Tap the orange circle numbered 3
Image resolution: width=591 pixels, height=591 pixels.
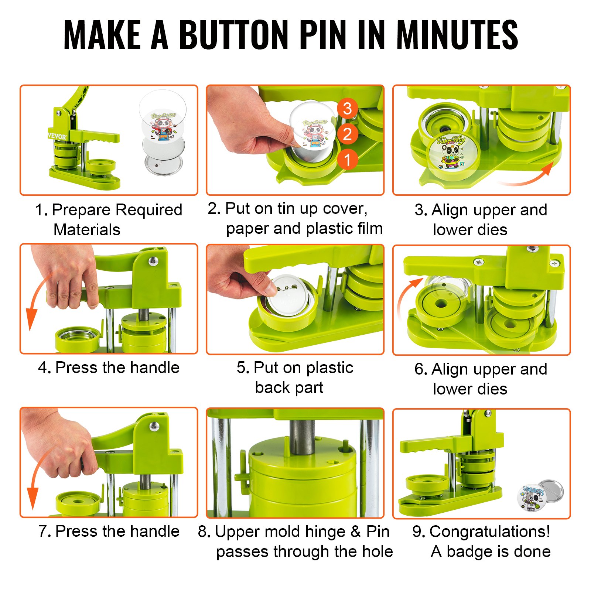[347, 109]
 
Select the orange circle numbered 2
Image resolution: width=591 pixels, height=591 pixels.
[347, 134]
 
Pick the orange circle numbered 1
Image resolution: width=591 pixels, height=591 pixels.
[347, 160]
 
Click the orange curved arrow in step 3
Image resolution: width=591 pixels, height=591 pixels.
[528, 177]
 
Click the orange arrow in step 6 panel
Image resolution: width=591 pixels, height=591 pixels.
[406, 295]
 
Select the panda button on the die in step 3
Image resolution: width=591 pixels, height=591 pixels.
[451, 151]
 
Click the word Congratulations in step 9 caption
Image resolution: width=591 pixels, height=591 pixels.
[490, 532]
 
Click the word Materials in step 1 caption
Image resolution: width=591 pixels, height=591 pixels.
[87, 230]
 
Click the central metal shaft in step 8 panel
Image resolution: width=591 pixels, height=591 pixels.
[302, 438]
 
